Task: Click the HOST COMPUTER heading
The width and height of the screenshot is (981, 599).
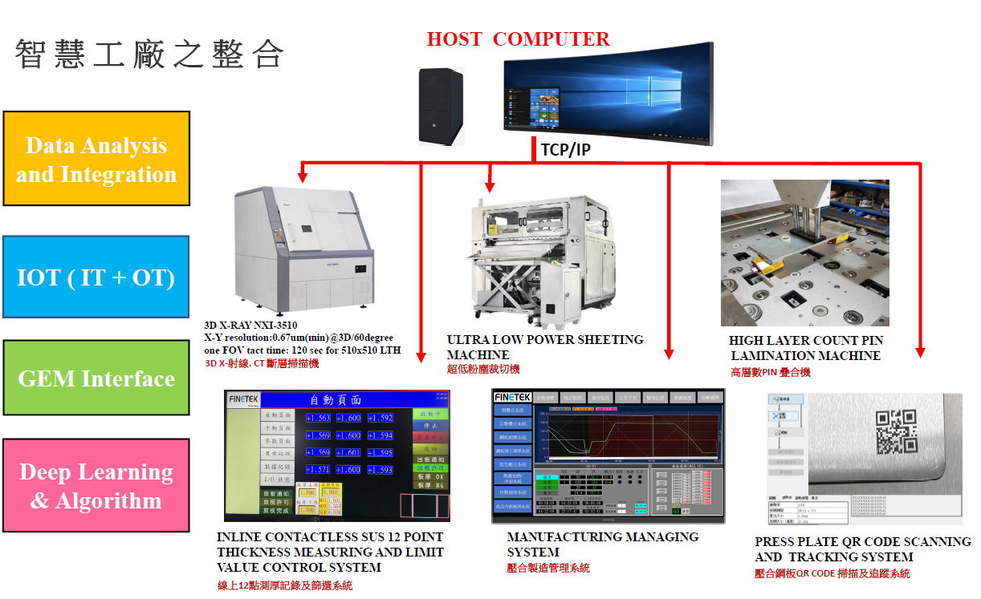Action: point(518,38)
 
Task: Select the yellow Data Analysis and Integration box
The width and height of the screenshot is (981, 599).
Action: point(96,159)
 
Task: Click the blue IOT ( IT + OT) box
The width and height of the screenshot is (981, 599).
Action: point(96,278)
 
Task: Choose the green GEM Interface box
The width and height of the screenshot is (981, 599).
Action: point(96,378)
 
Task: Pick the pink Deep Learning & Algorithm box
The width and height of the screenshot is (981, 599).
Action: point(96,485)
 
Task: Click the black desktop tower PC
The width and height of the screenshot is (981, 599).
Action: point(441,106)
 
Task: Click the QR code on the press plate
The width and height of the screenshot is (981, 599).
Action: point(895,430)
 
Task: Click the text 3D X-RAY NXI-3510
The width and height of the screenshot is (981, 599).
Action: point(250,326)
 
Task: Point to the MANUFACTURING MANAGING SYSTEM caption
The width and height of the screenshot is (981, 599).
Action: point(602,544)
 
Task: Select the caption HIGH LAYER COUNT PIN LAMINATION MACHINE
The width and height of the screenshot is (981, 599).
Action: point(804,348)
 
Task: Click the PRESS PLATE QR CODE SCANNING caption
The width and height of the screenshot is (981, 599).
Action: point(862,549)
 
